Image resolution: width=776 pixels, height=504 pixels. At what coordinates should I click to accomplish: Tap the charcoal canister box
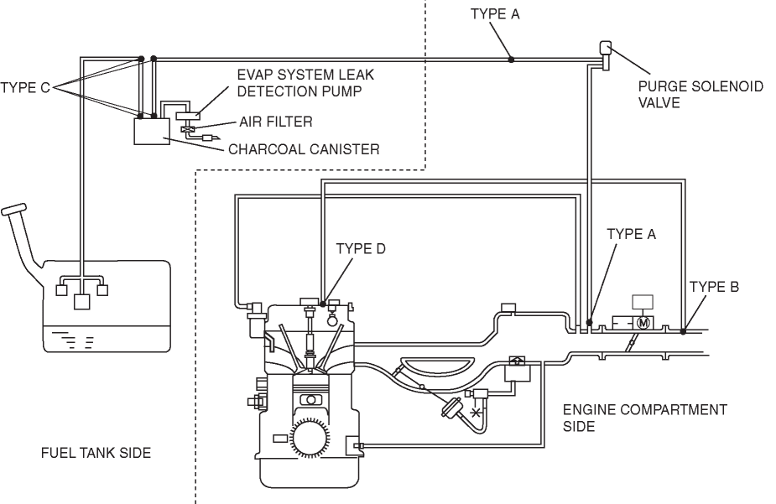pos(152,131)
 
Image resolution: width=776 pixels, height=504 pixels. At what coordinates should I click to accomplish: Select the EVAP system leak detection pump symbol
pos(188,116)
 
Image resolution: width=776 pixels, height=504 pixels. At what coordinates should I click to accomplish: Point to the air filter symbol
pos(189,130)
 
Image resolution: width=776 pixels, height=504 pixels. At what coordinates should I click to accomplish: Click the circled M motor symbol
pos(643,323)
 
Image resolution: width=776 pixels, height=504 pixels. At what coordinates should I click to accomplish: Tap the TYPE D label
pos(360,248)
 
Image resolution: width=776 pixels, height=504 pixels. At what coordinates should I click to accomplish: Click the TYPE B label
pos(714,286)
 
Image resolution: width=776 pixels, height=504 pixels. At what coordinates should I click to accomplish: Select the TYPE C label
pos(24,88)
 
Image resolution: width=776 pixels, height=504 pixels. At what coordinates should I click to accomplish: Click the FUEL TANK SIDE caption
pos(96,453)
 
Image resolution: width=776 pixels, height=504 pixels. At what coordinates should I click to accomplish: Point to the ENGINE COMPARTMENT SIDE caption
pos(645,418)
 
